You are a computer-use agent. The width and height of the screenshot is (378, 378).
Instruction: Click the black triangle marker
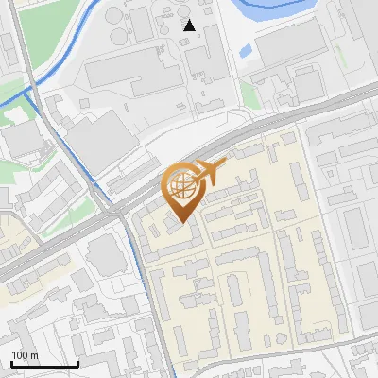point(190,26)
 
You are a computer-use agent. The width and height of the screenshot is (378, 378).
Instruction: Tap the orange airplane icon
point(210,172)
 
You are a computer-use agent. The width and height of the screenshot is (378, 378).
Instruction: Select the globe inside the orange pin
point(182,186)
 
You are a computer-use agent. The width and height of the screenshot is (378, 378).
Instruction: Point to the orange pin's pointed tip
point(182,223)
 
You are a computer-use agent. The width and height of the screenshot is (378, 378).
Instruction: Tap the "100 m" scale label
point(26,355)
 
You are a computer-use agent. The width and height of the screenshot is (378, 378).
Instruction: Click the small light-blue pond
point(246,50)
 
